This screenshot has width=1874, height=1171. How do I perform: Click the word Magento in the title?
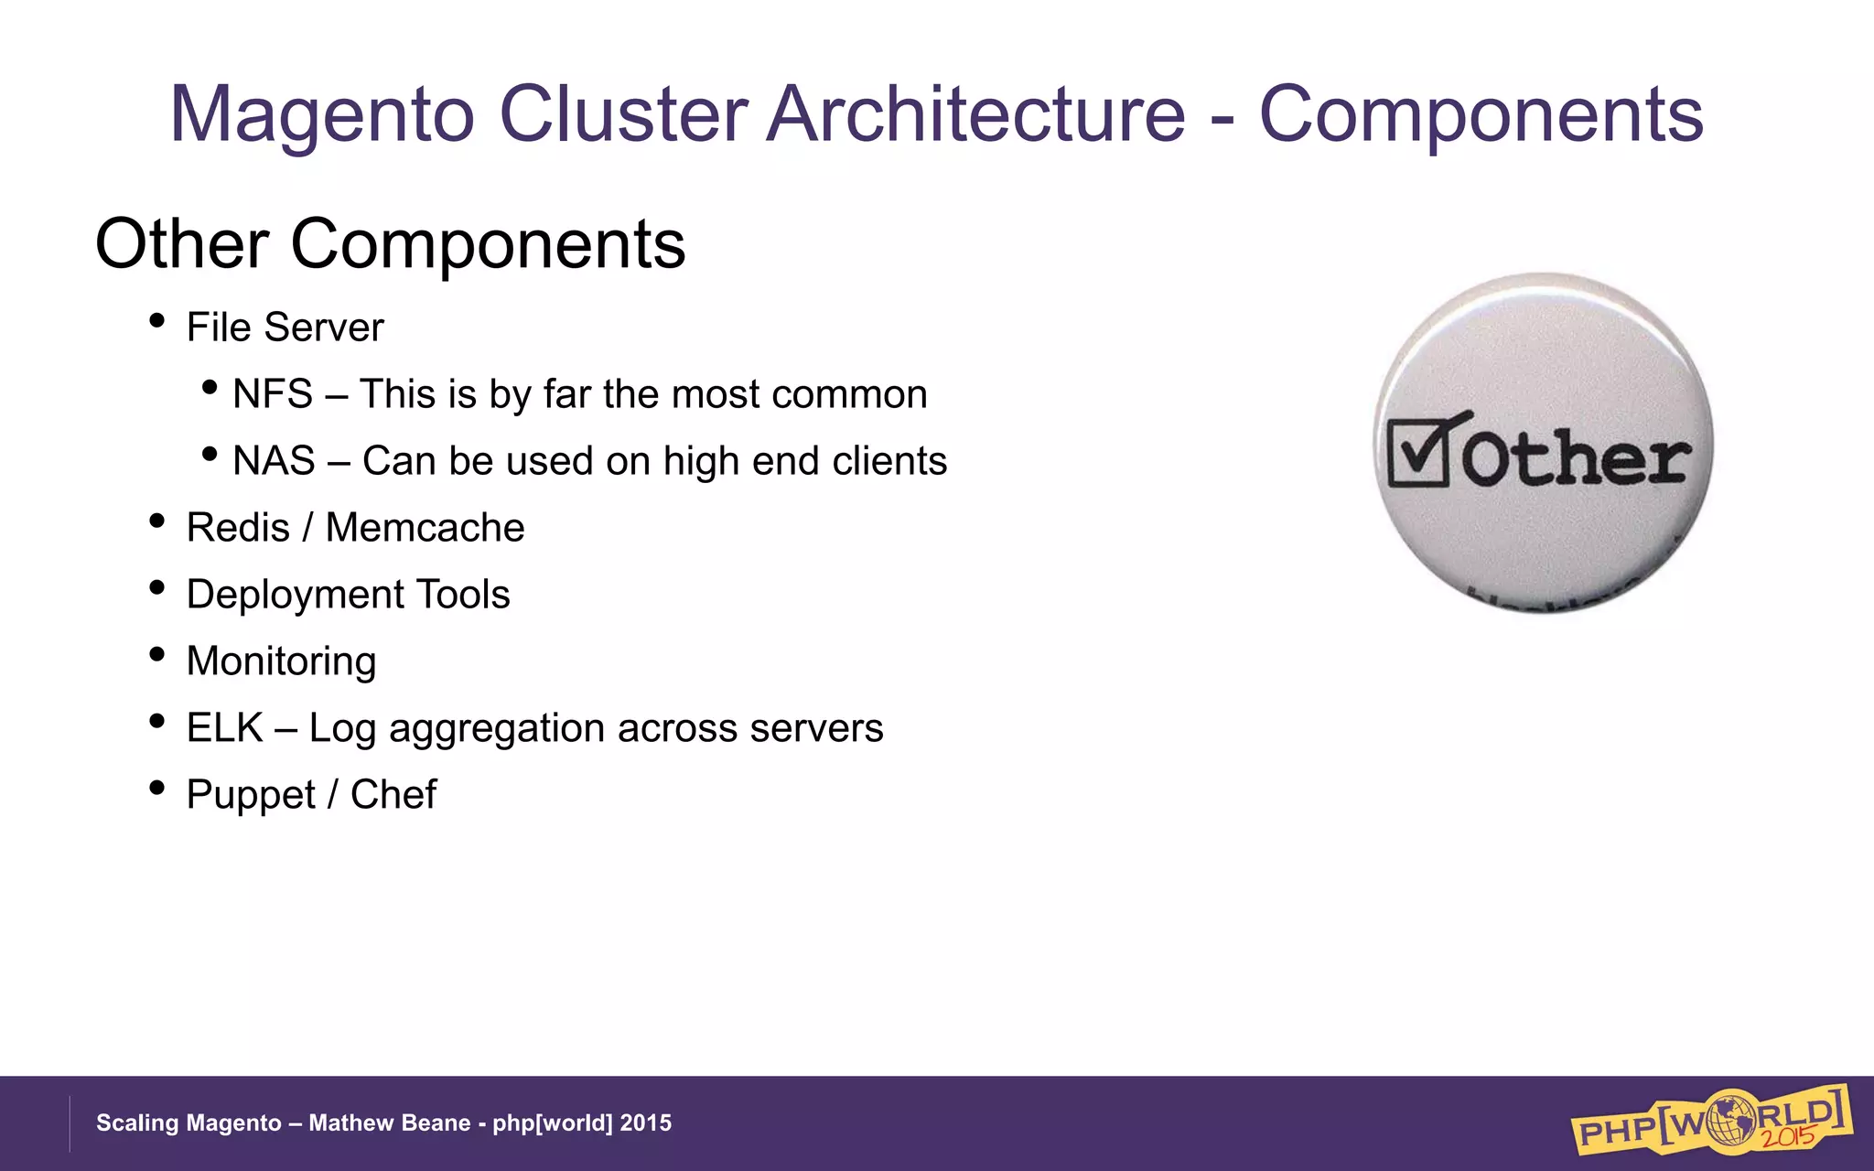tap(322, 115)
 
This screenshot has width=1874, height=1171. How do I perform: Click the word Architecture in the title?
tap(976, 115)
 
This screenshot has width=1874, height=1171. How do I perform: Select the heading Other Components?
tap(390, 244)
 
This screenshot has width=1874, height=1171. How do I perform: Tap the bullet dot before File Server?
tap(156, 321)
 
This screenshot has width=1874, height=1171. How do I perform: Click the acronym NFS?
tap(273, 394)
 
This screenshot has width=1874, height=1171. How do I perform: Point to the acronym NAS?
tap(274, 461)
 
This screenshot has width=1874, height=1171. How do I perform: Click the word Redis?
tap(238, 528)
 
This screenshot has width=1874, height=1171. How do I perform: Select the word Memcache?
tap(425, 528)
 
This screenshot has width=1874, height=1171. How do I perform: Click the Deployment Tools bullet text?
tap(348, 595)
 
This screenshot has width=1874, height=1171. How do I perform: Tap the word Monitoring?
tap(281, 661)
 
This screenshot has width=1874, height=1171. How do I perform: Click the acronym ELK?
tap(224, 728)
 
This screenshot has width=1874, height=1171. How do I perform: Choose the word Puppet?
tap(250, 795)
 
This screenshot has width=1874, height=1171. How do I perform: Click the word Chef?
tap(393, 795)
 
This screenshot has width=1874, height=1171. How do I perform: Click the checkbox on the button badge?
tap(1419, 452)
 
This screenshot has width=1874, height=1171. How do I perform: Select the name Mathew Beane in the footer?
tap(389, 1123)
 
